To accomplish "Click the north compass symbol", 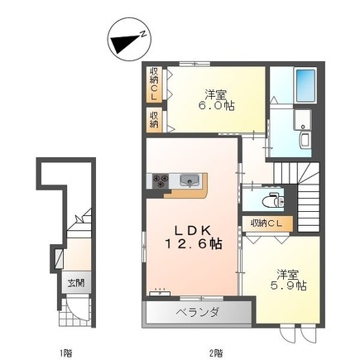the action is coord(129,41).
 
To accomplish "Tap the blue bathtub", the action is coord(305,85).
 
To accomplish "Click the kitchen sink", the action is coord(190,180).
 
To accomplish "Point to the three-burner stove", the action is coord(161,181).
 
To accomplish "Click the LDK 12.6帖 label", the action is coord(193,237).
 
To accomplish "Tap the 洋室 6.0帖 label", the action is coord(216,100).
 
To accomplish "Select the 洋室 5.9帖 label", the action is coord(288,281).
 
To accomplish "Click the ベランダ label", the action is coord(198,313).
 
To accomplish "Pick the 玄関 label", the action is coord(76,283).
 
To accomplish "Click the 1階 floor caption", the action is coord(66,352).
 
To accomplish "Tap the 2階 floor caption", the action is coord(216,352).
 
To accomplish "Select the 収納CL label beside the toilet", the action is coord(266,223).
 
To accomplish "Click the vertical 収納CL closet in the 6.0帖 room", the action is coord(154,84).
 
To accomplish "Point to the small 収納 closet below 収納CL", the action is coord(154,120).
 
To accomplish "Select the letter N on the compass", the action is coord(143,34).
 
